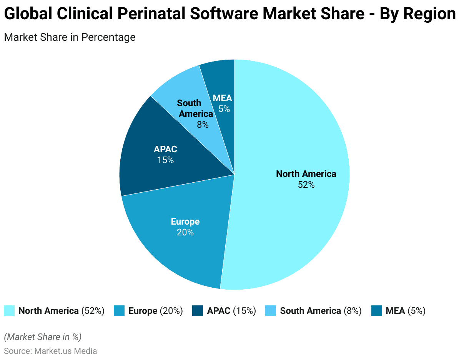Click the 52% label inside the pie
(x=306, y=185)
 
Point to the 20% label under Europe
(x=185, y=232)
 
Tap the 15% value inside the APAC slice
(x=165, y=160)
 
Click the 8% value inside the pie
(x=203, y=124)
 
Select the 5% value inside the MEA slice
(x=224, y=109)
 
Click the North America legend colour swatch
(x=9, y=311)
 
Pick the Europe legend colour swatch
(x=119, y=311)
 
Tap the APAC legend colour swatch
(x=198, y=311)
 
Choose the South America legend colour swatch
(x=271, y=311)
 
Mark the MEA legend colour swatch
(x=376, y=311)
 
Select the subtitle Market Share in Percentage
(x=70, y=37)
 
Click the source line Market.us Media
(x=50, y=351)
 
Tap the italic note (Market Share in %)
(x=43, y=337)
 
